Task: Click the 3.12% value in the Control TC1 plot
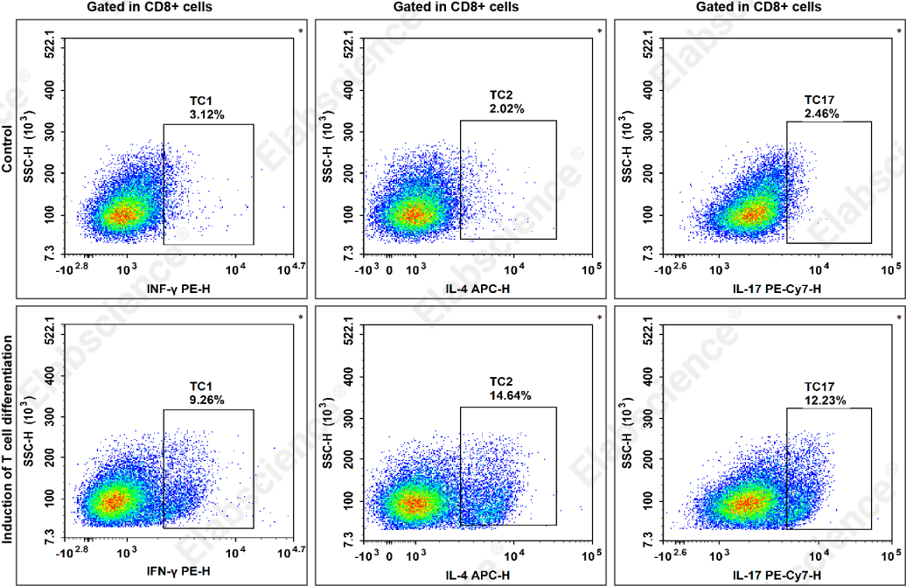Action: click(x=207, y=115)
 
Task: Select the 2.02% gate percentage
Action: click(x=506, y=108)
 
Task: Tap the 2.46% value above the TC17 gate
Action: click(x=822, y=114)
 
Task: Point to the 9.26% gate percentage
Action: click(x=207, y=400)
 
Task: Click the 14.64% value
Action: click(x=510, y=395)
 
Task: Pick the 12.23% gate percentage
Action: click(x=826, y=400)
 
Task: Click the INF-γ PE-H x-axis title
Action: click(x=178, y=288)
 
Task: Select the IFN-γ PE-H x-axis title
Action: click(x=178, y=571)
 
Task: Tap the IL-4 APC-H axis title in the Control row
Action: click(x=477, y=288)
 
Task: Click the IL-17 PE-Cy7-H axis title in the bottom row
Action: click(x=777, y=575)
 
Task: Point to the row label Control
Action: click(x=7, y=149)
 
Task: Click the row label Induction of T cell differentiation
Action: click(x=7, y=440)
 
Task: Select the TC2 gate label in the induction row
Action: click(x=501, y=381)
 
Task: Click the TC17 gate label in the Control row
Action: click(x=819, y=100)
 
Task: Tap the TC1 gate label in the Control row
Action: click(x=200, y=101)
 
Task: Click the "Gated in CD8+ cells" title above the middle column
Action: click(x=456, y=7)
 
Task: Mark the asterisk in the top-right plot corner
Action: click(x=898, y=31)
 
